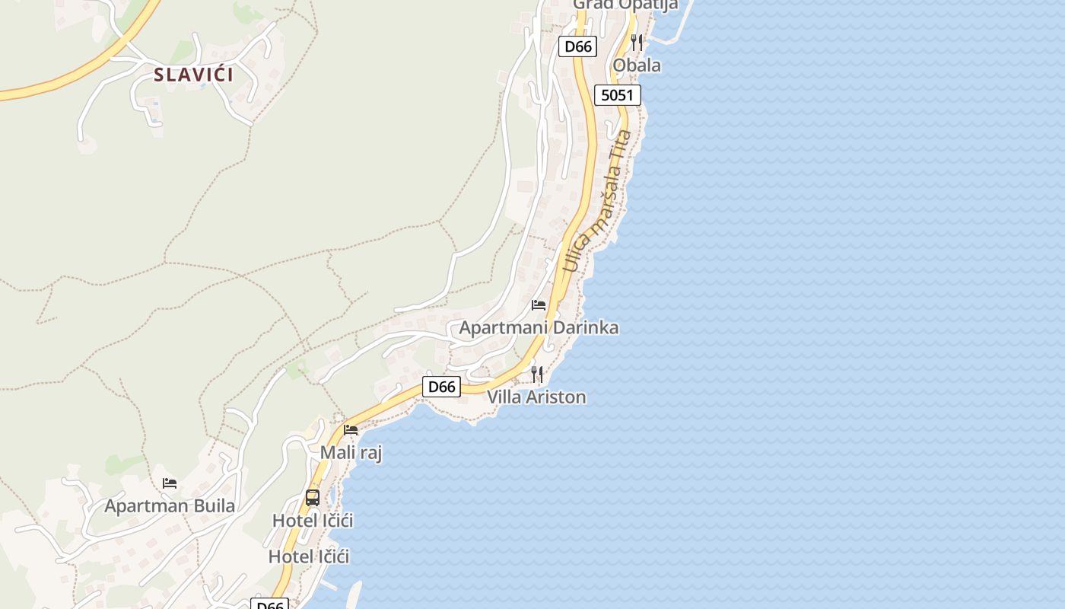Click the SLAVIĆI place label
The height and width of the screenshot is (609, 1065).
193,75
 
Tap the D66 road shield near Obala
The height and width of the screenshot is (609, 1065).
577,46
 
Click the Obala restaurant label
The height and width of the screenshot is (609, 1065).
637,65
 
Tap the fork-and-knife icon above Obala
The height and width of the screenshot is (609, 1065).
637,43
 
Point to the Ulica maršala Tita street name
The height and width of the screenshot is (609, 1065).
598,202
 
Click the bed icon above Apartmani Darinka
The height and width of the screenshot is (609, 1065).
539,305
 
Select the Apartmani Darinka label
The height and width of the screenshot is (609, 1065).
539,328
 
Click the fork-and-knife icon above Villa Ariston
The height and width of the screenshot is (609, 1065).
537,374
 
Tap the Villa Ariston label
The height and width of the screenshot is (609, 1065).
536,397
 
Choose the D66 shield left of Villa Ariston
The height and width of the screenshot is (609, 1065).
441,387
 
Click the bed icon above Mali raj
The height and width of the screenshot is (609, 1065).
351,430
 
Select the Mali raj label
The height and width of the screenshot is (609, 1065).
351,453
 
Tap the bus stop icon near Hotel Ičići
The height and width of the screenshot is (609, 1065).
313,498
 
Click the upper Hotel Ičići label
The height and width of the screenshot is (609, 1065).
313,521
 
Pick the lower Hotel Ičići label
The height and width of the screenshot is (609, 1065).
309,556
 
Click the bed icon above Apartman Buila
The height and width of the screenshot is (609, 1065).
170,483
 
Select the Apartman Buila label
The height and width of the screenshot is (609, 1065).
170,505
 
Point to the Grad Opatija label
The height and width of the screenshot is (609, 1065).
625,5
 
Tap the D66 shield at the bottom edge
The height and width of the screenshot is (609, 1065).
269,604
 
